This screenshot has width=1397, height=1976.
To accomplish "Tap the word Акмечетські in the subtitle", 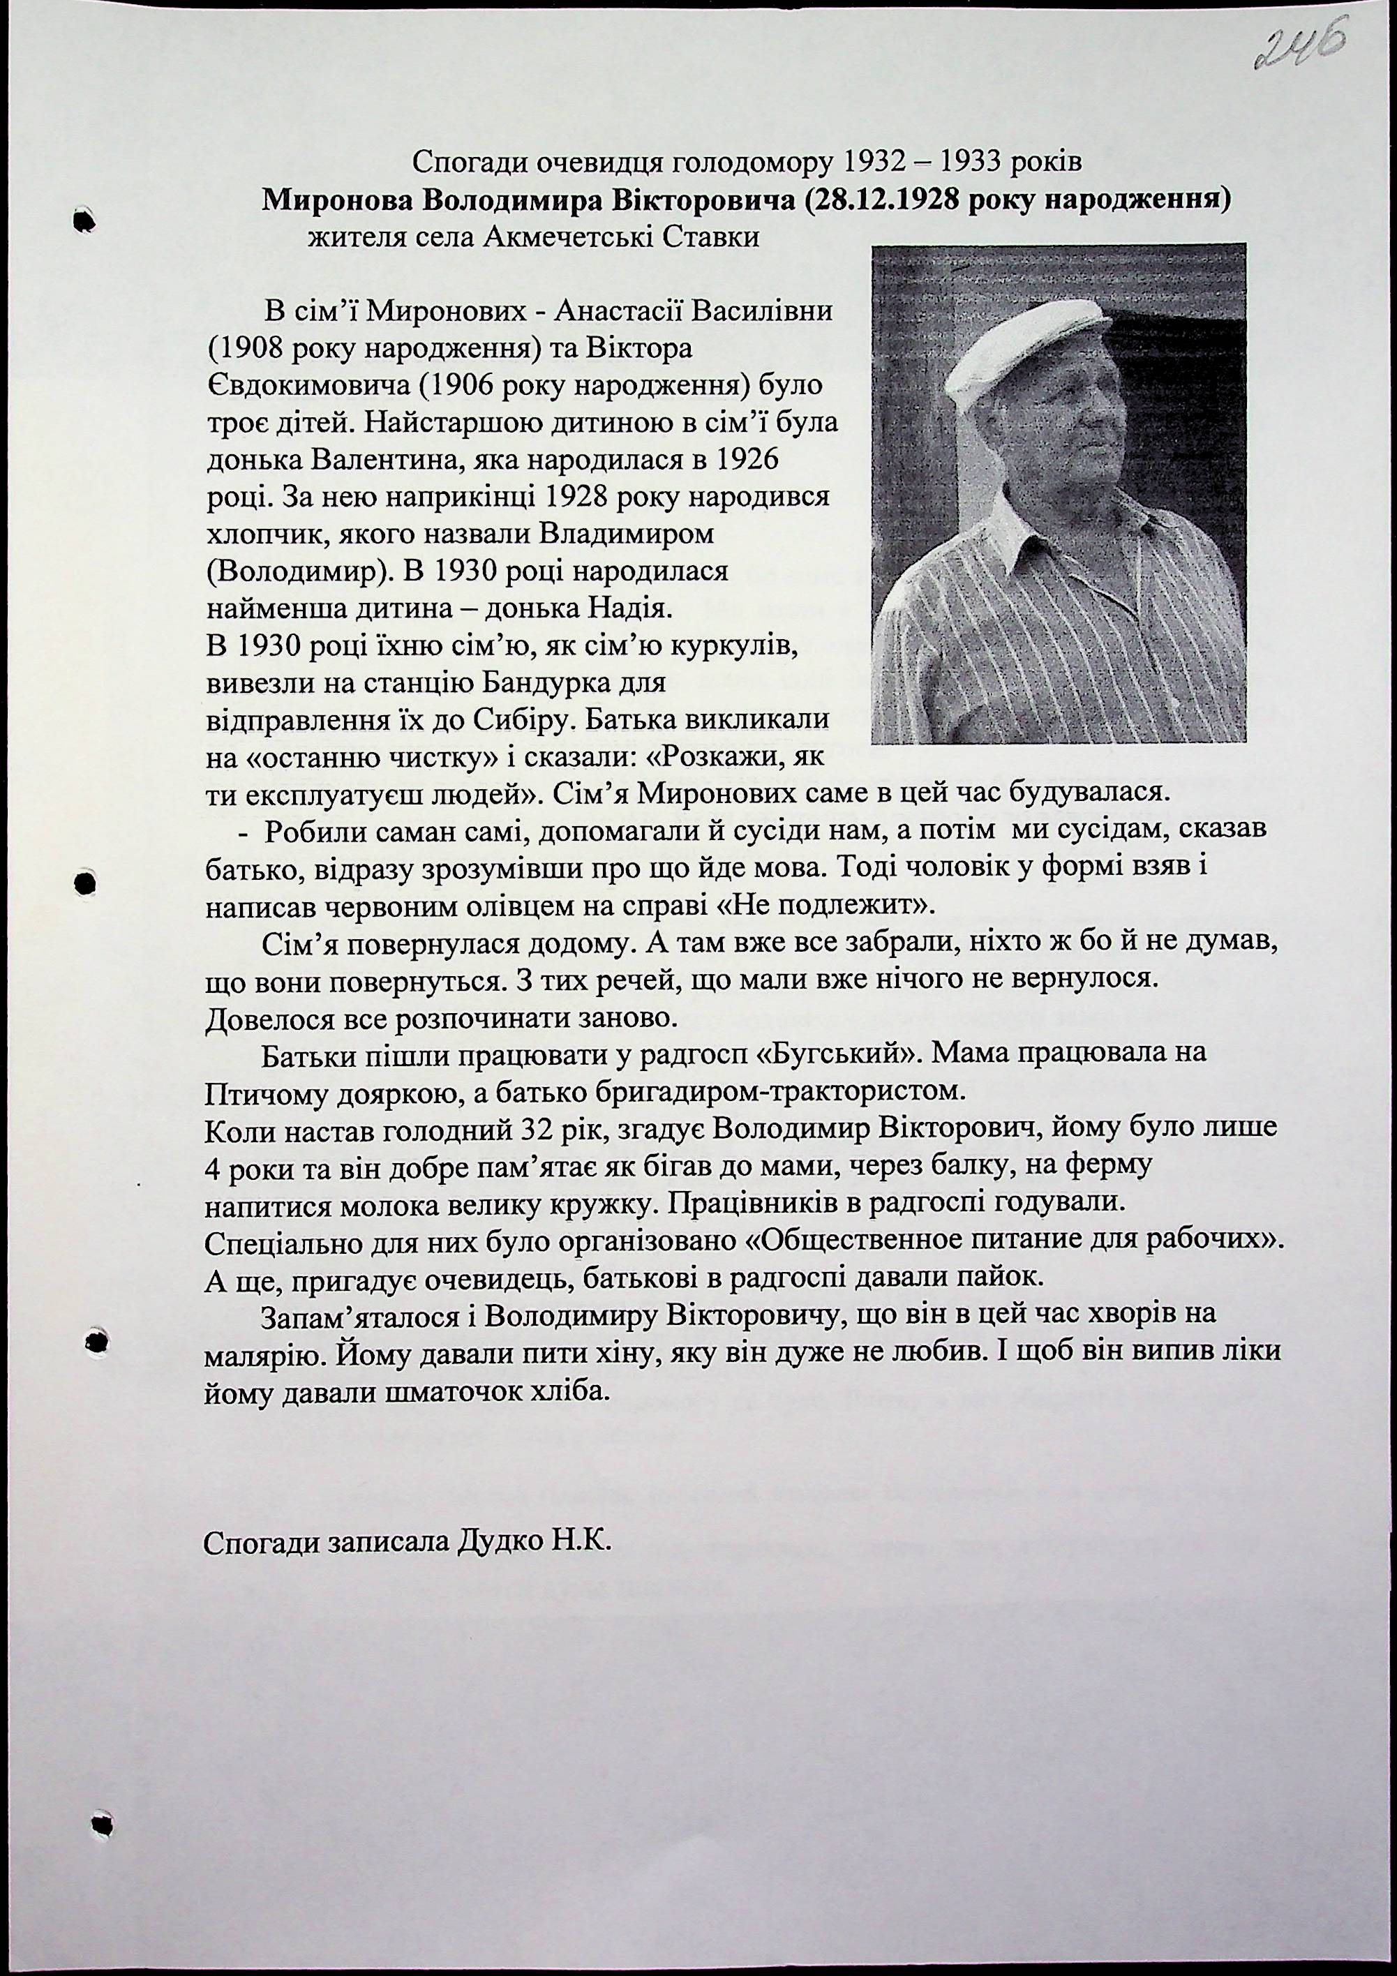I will pyautogui.click(x=569, y=237).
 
